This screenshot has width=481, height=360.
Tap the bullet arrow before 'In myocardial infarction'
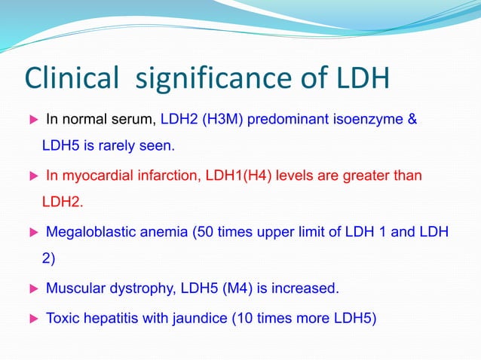coord(32,176)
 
